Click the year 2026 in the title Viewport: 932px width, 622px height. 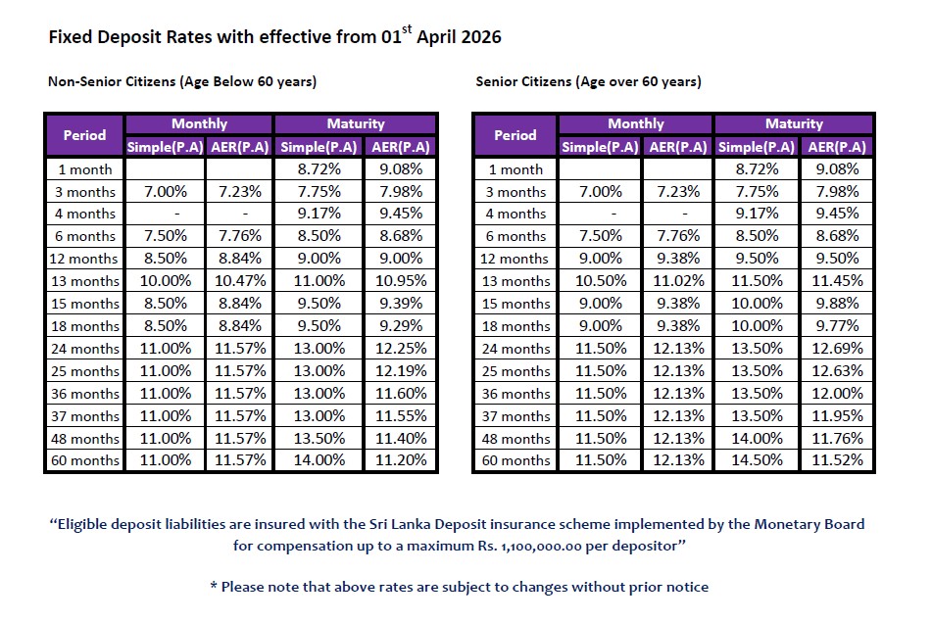480,38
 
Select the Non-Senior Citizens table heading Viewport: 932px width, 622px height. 182,82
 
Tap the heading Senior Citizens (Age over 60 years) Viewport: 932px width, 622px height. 588,82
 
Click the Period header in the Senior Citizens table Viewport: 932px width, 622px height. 515,135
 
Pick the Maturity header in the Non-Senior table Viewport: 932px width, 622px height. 355,124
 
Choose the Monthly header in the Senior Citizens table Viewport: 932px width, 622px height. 635,124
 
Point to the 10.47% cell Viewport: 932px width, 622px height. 239,281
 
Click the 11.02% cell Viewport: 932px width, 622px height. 676,281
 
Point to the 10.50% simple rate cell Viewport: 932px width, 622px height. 601,281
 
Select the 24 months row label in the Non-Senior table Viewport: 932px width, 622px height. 84,349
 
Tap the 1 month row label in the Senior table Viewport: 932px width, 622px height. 515,169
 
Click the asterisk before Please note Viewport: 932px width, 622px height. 213,587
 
